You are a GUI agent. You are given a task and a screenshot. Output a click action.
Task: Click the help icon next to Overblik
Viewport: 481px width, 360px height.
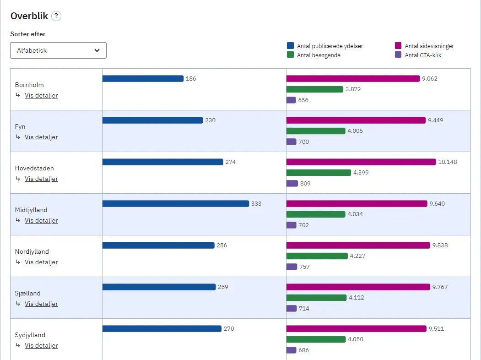click(56, 16)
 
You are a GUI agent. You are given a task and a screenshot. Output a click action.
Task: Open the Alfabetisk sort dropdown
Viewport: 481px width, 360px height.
click(58, 50)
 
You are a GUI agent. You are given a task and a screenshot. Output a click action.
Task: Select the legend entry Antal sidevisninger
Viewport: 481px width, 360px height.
click(429, 46)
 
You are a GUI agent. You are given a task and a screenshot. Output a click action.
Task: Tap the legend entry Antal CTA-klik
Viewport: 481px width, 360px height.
click(422, 55)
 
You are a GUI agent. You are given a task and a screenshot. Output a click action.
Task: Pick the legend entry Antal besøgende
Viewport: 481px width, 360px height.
click(318, 55)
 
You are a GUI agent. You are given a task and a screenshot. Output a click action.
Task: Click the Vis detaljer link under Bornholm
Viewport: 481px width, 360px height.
click(41, 95)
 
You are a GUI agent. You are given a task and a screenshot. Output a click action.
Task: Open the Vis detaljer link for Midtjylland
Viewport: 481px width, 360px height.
click(41, 220)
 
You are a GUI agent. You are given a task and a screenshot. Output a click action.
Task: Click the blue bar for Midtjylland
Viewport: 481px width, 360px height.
click(176, 203)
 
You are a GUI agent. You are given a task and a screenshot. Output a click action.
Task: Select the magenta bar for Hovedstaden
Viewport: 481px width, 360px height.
click(361, 162)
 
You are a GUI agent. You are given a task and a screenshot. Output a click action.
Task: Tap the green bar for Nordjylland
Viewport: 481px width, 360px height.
click(317, 256)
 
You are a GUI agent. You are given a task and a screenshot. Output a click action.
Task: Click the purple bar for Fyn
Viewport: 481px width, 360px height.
click(291, 142)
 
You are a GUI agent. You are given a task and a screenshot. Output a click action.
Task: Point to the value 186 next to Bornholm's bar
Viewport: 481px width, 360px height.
click(191, 79)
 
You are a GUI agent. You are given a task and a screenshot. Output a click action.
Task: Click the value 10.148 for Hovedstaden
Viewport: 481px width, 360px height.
click(448, 162)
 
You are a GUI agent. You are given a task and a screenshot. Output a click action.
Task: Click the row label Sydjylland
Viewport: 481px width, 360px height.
click(30, 335)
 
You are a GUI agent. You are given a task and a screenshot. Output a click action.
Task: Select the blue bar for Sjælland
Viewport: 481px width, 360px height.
click(159, 287)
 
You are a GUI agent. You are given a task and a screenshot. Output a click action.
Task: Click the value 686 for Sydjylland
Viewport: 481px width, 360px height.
click(304, 350)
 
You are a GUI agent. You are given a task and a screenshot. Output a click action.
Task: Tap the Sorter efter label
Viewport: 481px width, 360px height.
click(28, 34)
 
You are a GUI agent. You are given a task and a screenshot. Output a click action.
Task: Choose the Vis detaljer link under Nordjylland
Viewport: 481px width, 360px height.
click(41, 262)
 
